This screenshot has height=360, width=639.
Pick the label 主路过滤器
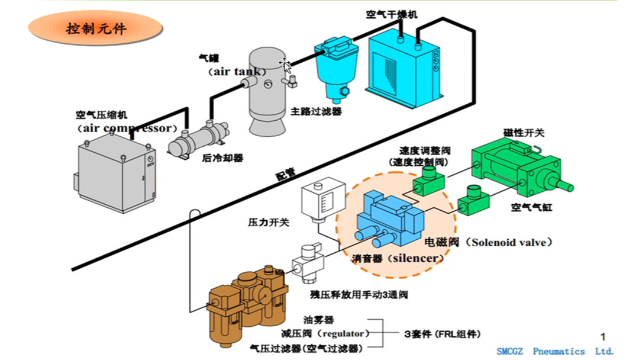[x=316, y=111]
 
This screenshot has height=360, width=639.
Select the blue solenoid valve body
[x=390, y=219]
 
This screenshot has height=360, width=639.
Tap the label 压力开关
[x=268, y=223]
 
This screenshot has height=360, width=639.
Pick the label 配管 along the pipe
[x=285, y=175]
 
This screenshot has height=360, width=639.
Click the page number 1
[x=603, y=337]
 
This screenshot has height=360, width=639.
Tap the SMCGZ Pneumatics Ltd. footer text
[x=555, y=351]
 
